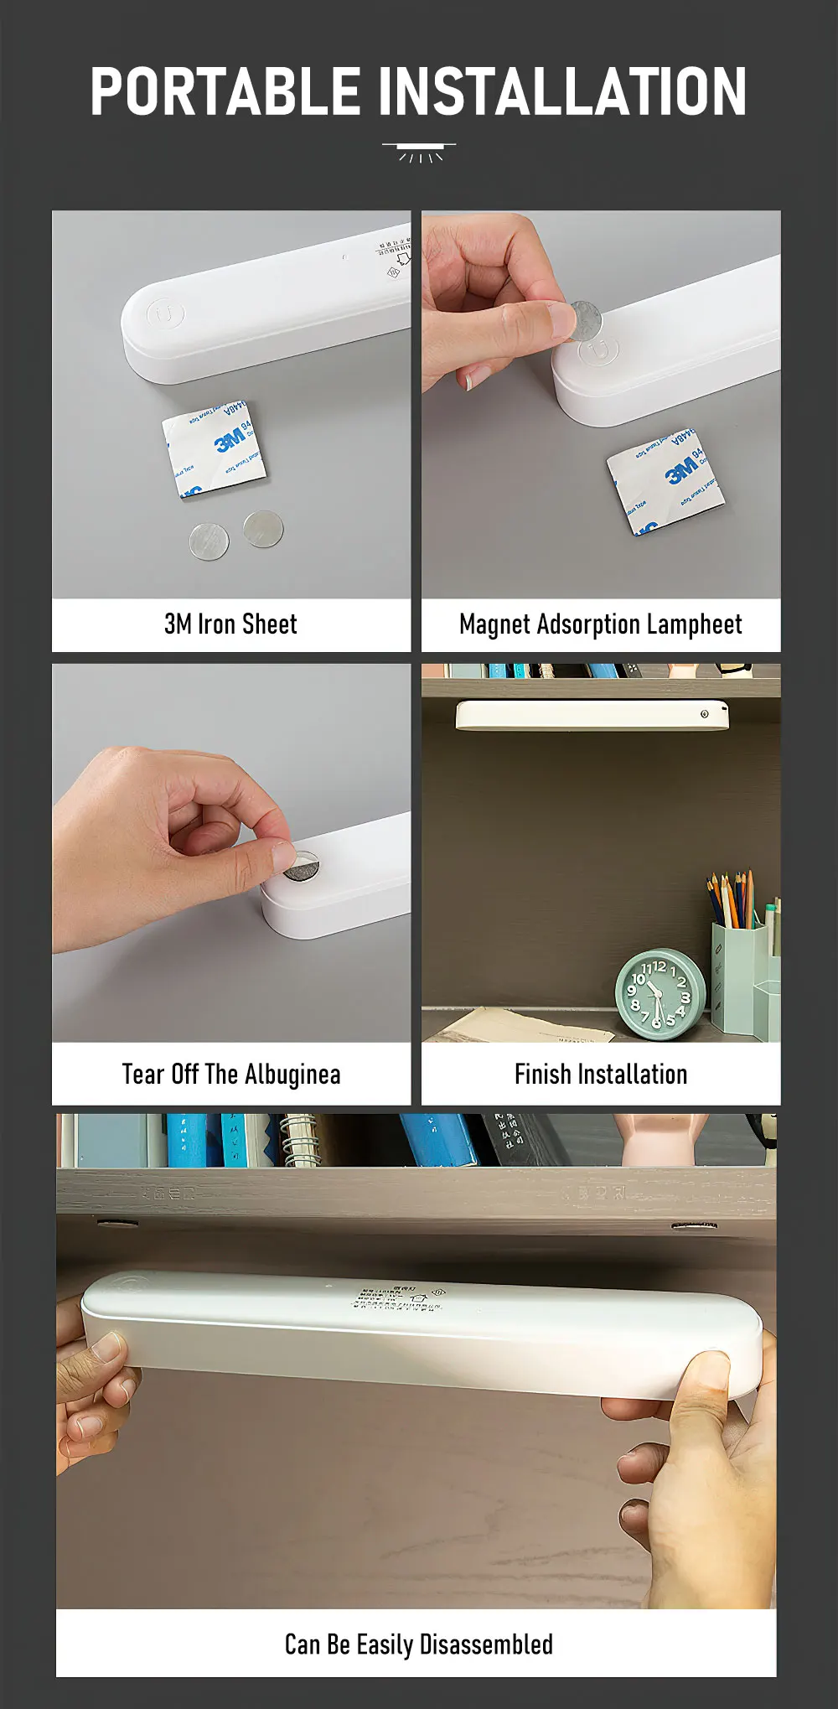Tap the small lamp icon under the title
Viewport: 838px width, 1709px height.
point(419,153)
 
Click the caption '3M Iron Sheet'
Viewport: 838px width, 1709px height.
point(230,624)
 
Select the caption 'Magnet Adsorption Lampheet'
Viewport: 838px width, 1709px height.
point(600,624)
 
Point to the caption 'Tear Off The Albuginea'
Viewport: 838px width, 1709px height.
point(230,1075)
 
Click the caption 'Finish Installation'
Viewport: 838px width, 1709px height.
point(600,1075)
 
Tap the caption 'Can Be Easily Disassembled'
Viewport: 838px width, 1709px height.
point(418,1644)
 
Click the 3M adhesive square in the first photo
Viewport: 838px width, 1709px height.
point(215,449)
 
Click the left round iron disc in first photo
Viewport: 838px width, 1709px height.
point(209,541)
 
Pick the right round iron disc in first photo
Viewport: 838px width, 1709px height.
point(263,528)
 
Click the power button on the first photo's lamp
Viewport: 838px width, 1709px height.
point(165,314)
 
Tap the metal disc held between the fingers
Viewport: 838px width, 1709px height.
point(584,321)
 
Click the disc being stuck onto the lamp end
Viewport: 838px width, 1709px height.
point(302,866)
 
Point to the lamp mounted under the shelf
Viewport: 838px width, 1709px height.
point(592,715)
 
